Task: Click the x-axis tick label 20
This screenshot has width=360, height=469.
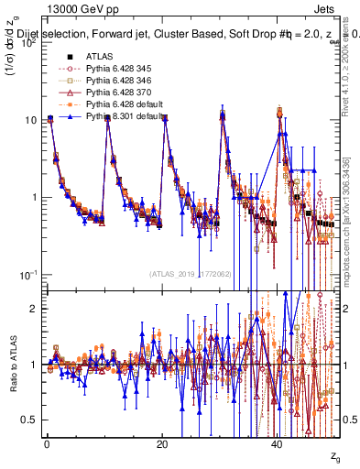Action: [x=162, y=445]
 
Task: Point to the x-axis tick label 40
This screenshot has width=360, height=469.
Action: [x=278, y=445]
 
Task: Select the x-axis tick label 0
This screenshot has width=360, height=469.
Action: [x=47, y=445]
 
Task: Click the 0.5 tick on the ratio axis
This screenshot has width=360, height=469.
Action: [x=31, y=420]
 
